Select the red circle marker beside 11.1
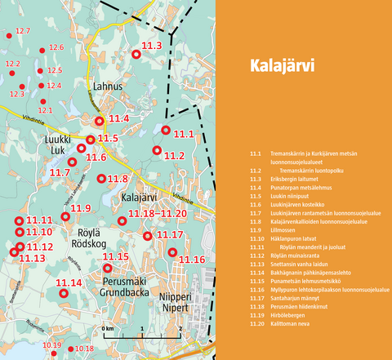point(166,131)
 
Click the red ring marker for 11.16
point(171,252)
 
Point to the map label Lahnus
point(107,87)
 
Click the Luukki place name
point(57,140)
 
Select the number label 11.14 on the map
point(69,282)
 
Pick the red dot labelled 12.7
point(10,36)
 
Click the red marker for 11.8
point(101,179)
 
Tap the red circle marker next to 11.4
point(100,121)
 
